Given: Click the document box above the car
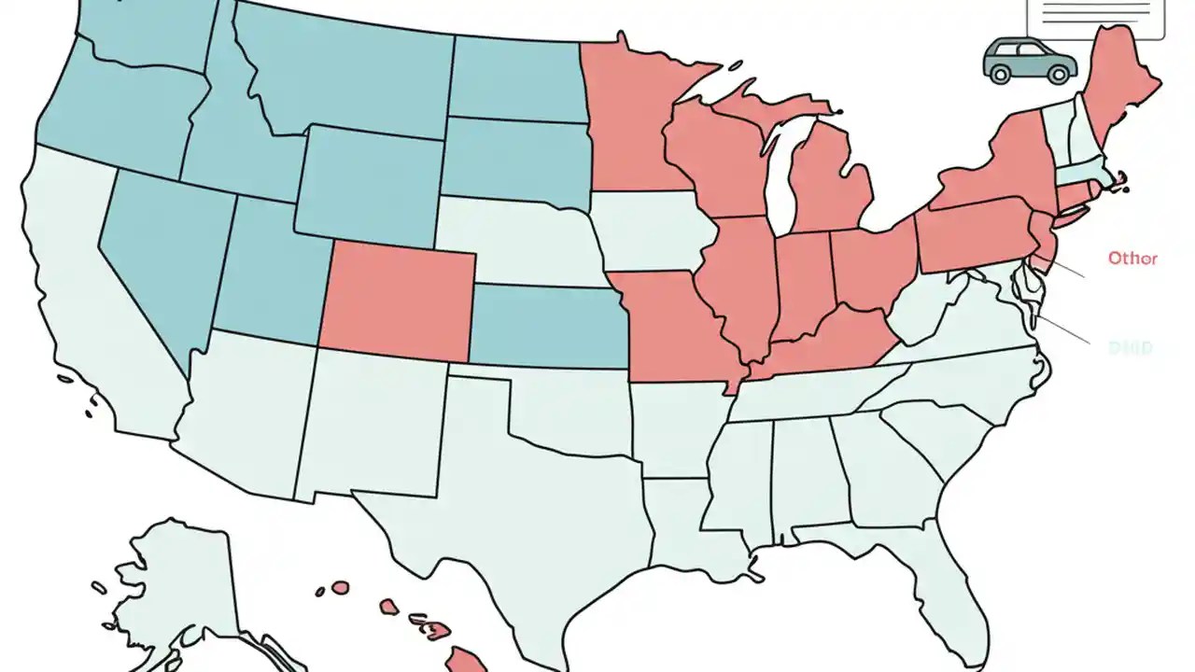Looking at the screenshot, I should pos(1095,17).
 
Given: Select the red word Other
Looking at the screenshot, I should pos(1132,258).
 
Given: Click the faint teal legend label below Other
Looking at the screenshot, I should pos(1130,348).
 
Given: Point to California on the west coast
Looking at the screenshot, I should pos(84,280).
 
